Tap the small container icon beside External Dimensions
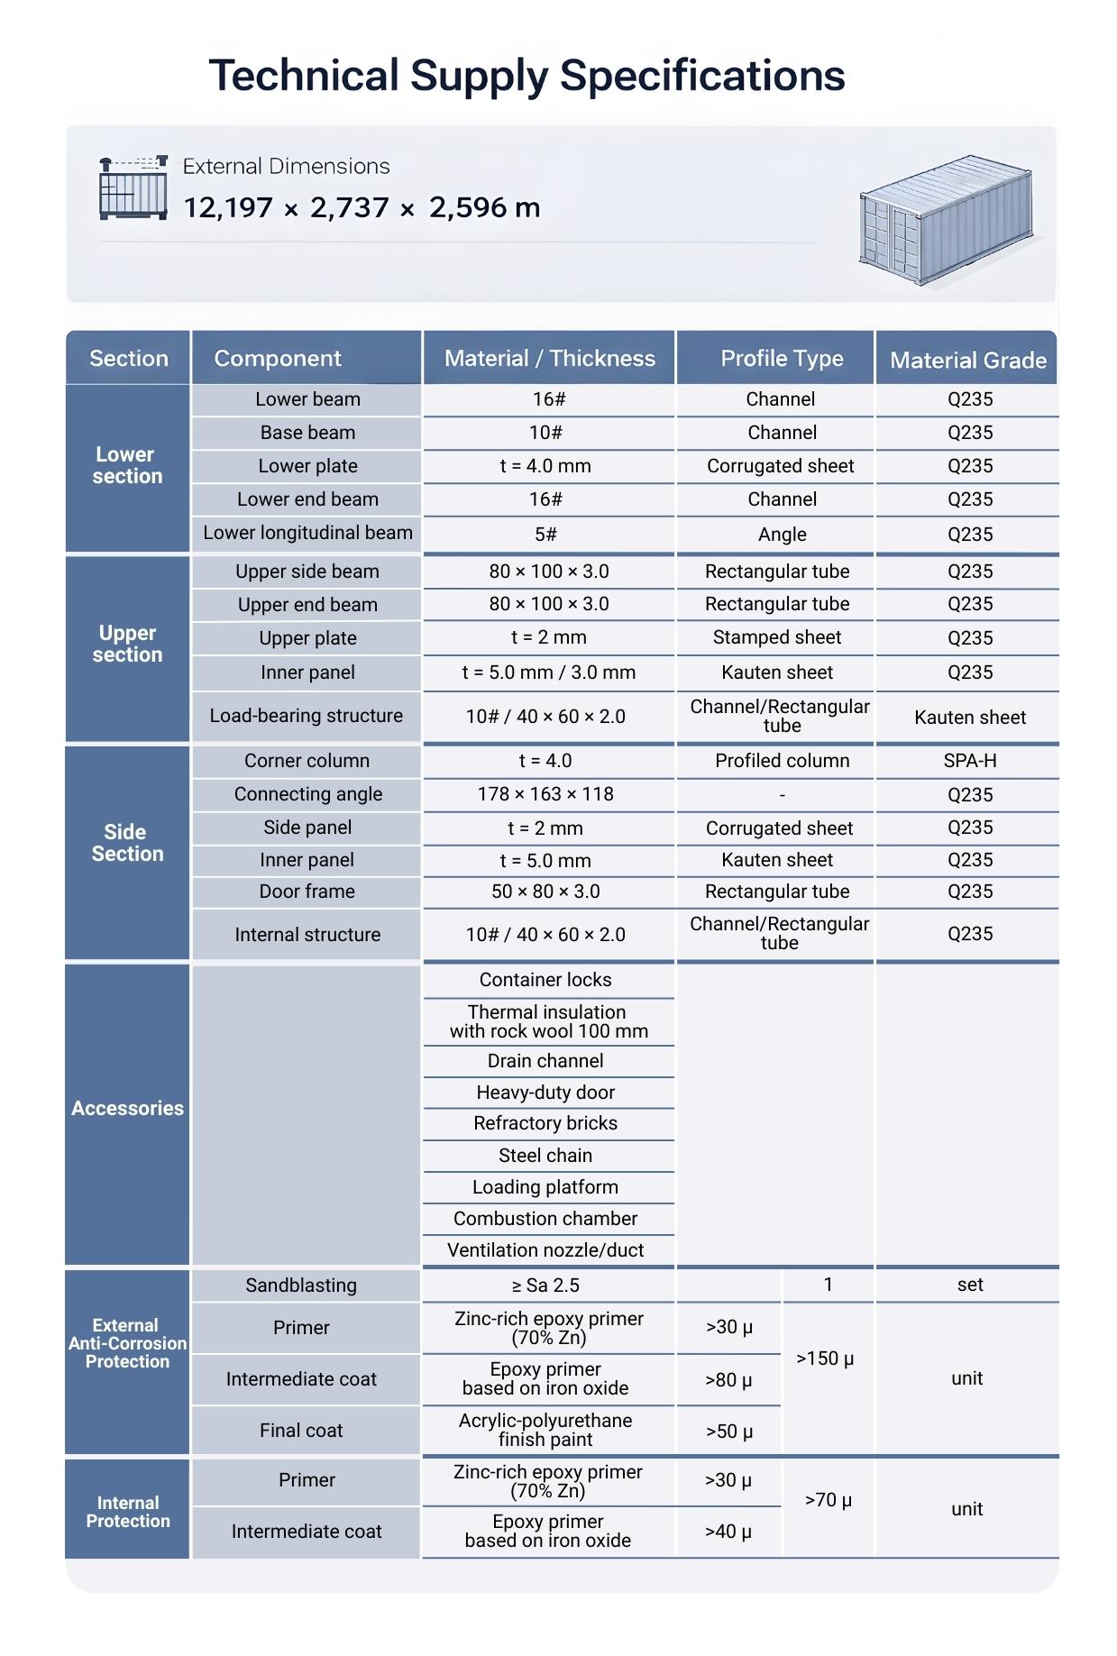(133, 188)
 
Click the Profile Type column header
(782, 359)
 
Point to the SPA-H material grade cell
(969, 761)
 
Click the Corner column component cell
(307, 761)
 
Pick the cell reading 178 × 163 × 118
(545, 794)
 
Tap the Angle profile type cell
(782, 535)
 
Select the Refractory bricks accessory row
(545, 1123)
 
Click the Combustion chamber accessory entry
(545, 1219)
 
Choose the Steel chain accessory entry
(545, 1156)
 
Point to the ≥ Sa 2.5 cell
(545, 1285)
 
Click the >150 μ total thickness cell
(825, 1359)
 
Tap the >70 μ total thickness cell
(828, 1500)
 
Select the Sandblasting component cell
(301, 1285)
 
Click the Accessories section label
(127, 1109)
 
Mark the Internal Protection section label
(127, 1512)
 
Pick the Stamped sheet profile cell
(776, 638)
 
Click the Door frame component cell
(307, 892)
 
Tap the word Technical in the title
(304, 76)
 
